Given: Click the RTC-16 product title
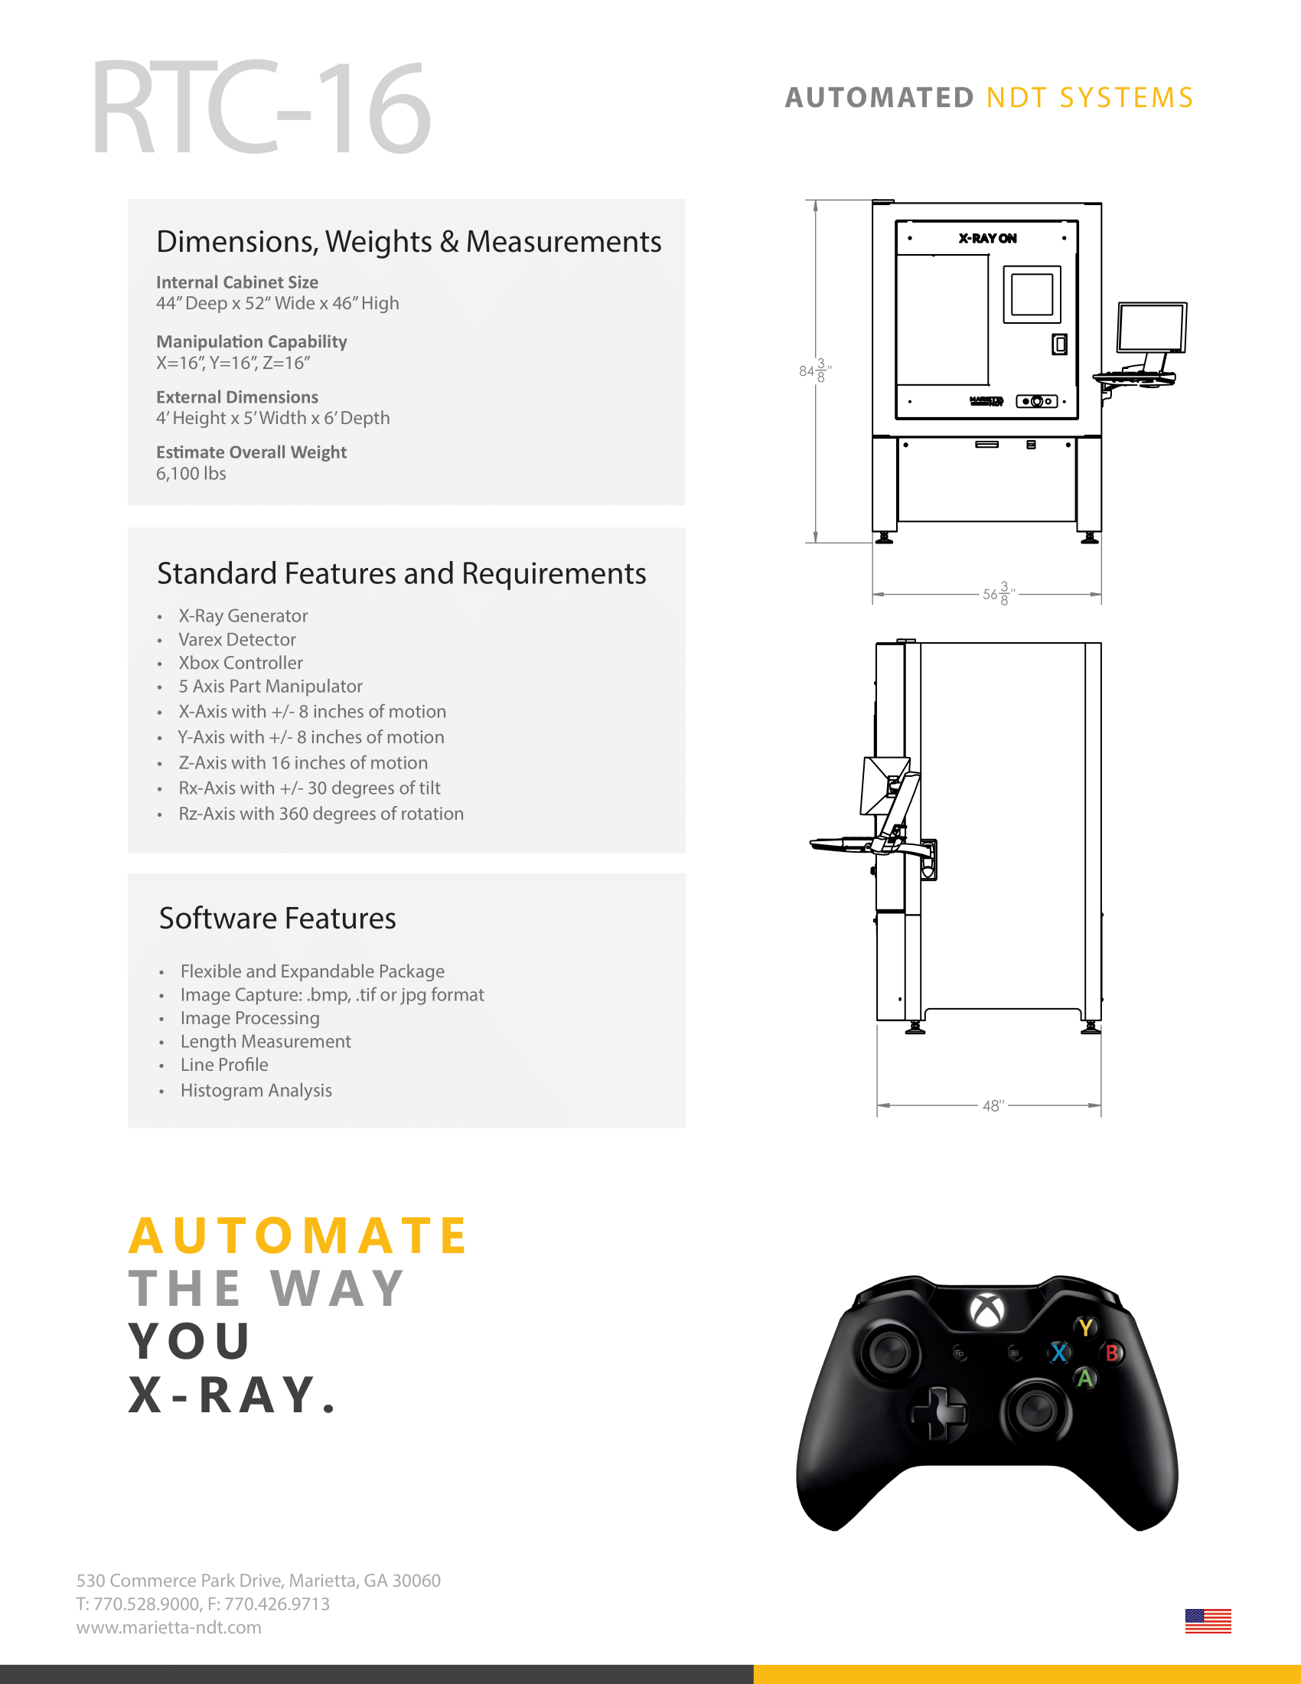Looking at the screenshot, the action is (260, 108).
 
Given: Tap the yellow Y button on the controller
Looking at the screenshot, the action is (1086, 1327).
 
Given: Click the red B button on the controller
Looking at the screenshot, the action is (1112, 1353).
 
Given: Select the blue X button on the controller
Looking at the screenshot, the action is (1060, 1353).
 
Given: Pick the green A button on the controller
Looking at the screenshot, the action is (1085, 1378).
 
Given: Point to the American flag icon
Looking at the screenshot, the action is (1208, 1620).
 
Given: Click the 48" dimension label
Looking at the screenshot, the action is (993, 1106).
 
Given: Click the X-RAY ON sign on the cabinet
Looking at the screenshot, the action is (987, 238).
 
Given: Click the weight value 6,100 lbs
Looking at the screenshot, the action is (191, 473).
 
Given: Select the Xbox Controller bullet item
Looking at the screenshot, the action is (240, 663).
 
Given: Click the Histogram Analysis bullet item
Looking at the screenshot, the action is (256, 1090).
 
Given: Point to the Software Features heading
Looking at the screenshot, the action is (278, 919).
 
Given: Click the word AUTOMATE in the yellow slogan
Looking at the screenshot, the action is (298, 1236).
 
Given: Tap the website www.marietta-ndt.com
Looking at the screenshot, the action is (169, 1627).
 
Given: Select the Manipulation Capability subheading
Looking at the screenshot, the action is (251, 341).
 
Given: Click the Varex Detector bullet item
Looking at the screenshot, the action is (237, 639).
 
